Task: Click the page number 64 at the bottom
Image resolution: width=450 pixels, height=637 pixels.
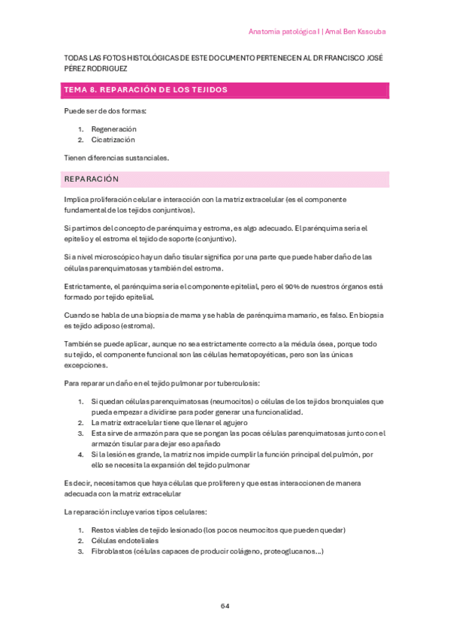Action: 225,606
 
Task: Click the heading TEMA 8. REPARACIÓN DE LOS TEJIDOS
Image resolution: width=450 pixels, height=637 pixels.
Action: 146,90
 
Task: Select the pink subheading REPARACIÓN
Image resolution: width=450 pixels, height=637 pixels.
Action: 92,180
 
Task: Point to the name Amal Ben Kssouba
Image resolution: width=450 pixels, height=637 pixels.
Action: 355,32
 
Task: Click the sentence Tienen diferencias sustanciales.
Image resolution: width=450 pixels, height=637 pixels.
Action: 116,158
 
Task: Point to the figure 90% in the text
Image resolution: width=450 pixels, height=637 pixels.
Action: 304,286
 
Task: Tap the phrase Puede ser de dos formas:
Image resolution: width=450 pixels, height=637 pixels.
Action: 105,111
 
